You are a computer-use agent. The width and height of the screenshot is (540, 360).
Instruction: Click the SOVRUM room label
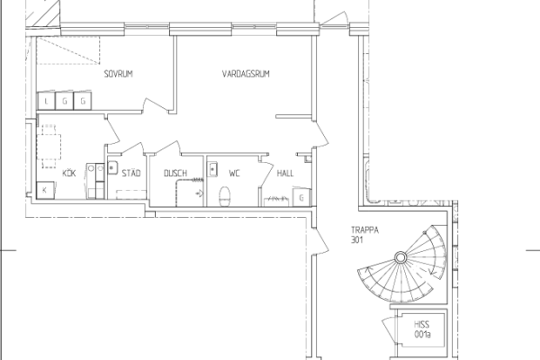pyautogui.click(x=119, y=74)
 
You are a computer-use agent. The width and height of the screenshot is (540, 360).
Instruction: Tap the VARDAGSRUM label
pyautogui.click(x=246, y=74)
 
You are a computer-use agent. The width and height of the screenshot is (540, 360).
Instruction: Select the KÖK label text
pyautogui.click(x=69, y=173)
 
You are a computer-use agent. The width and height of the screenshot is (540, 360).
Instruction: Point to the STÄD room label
pyautogui.click(x=131, y=173)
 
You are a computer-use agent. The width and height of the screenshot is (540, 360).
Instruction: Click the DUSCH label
pyautogui.click(x=175, y=173)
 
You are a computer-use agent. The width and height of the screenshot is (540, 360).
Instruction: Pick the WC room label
pyautogui.click(x=234, y=173)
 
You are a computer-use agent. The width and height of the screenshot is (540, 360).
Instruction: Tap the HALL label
pyautogui.click(x=285, y=173)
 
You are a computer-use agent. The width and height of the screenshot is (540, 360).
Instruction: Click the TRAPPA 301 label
pyautogui.click(x=364, y=235)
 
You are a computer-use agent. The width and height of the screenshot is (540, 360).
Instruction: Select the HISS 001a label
pyautogui.click(x=422, y=329)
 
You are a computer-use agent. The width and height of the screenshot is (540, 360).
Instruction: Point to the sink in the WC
pyautogui.click(x=212, y=169)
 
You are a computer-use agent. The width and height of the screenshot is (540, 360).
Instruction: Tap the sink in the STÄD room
pyautogui.click(x=112, y=167)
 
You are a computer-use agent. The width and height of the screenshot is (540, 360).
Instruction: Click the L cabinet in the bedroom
pyautogui.click(x=46, y=102)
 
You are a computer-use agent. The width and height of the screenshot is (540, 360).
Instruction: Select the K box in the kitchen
pyautogui.click(x=45, y=190)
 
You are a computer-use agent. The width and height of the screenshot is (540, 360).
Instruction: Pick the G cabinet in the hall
pyautogui.click(x=301, y=197)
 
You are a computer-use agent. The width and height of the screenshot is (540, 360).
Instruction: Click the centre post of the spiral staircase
pyautogui.click(x=400, y=257)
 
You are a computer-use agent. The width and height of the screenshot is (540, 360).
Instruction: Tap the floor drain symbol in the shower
pyautogui.click(x=200, y=193)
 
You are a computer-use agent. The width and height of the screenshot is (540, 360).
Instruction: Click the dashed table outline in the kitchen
pyautogui.click(x=49, y=147)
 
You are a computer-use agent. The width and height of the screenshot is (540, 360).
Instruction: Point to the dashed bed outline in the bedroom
pyautogui.click(x=68, y=50)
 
